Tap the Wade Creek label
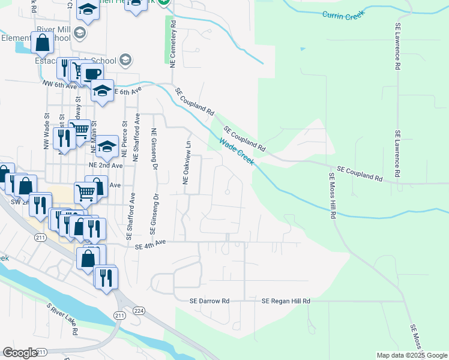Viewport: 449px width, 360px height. click(236, 152)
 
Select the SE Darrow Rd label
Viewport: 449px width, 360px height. click(209, 301)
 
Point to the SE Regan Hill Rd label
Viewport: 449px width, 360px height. click(286, 301)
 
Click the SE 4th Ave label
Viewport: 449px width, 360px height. click(150, 245)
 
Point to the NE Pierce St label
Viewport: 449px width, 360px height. click(125, 140)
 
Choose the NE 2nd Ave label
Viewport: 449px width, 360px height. click(105, 165)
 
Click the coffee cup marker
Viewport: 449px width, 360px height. click(92, 74)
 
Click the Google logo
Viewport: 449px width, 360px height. click(20, 353)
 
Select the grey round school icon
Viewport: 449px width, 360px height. click(125, 59)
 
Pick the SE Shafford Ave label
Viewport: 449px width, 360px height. click(129, 217)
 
